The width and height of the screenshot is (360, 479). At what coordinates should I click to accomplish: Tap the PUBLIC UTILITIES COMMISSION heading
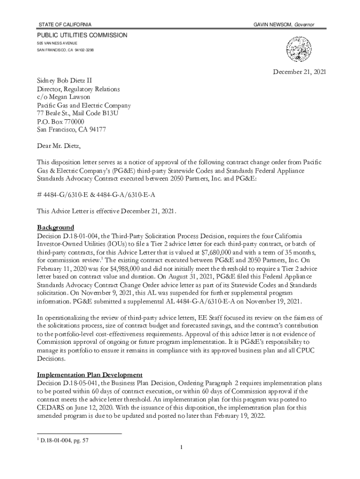pyautogui.click(x=82, y=35)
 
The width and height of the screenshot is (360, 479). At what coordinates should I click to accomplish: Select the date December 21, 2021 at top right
pyautogui.click(x=299, y=72)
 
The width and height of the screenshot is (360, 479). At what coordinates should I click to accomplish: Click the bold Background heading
pyautogui.click(x=56, y=227)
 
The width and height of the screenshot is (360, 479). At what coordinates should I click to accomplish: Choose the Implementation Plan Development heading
pyautogui.click(x=90, y=375)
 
